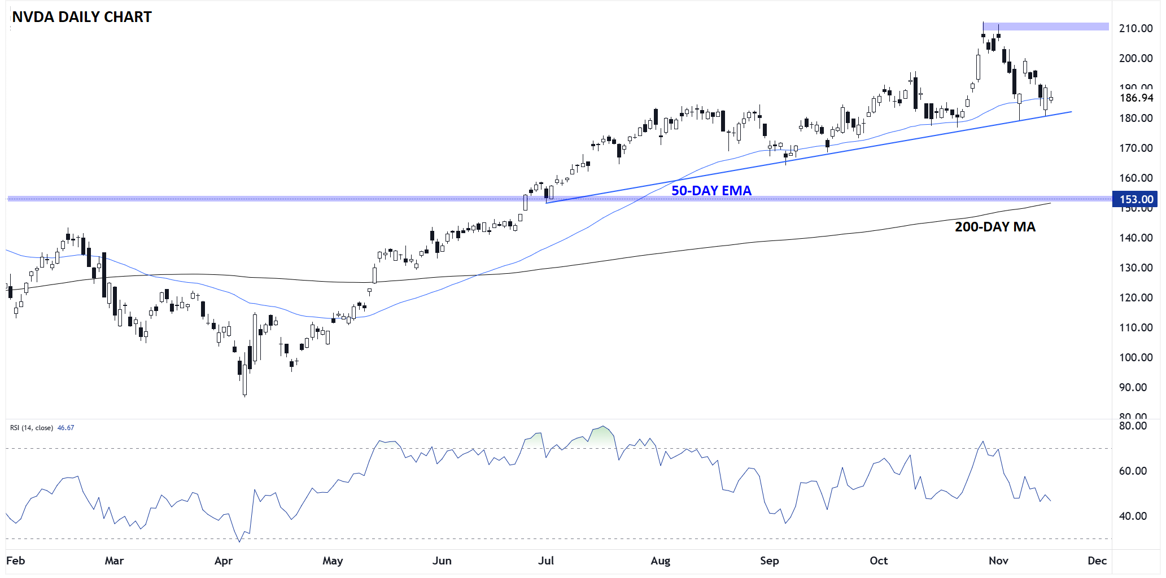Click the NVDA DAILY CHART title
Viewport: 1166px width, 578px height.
point(82,17)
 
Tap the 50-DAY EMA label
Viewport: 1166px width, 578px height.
point(711,191)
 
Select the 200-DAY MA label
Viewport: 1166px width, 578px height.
point(994,227)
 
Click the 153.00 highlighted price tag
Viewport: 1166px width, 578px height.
point(1136,199)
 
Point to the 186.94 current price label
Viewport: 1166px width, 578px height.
point(1136,98)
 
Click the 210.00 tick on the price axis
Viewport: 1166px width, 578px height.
point(1136,28)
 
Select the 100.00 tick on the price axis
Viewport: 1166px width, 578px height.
point(1136,357)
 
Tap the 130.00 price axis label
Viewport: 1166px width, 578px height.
point(1136,268)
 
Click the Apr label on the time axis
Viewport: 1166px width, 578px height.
point(224,561)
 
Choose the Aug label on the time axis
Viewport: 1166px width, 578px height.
point(660,561)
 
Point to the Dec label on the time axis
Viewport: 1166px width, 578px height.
point(1097,561)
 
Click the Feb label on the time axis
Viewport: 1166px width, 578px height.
point(15,561)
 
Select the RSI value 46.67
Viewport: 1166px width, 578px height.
point(65,428)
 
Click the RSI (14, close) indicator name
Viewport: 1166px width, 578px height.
point(32,428)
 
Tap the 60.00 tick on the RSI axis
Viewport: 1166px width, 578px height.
point(1133,471)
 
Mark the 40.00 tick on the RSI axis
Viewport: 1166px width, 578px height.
point(1133,516)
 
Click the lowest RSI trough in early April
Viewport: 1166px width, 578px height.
point(239,541)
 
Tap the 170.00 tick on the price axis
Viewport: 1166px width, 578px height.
point(1136,148)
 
